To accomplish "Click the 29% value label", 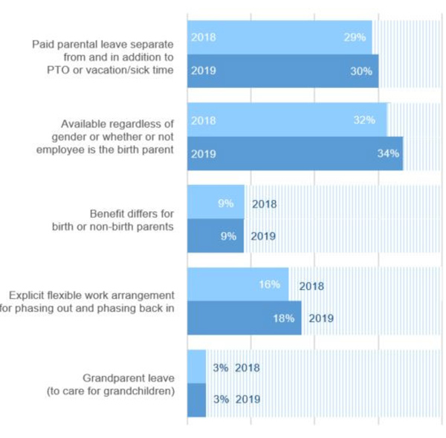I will click(x=355, y=37).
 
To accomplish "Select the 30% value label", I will click(x=361, y=71).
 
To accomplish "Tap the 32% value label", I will click(x=364, y=120).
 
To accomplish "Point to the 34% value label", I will click(x=389, y=154).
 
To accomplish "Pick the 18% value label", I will click(x=283, y=318).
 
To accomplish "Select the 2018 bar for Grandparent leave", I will click(x=196, y=367).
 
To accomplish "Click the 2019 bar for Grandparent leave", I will click(x=196, y=399).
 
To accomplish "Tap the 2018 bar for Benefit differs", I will click(x=216, y=203).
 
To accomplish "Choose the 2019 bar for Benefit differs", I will click(x=216, y=236).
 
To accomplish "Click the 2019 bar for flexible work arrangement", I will click(x=244, y=318).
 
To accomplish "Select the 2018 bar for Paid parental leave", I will click(x=279, y=37).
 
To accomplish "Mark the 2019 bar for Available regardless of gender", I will click(x=294, y=154).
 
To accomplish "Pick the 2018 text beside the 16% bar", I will click(x=311, y=286).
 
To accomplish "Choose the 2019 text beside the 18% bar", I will click(x=321, y=319).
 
